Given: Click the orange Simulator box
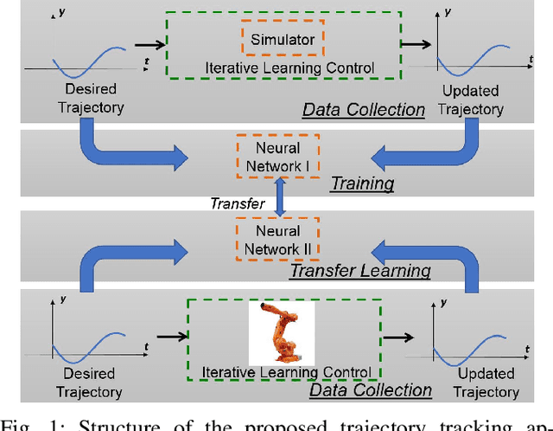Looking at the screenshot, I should pyautogui.click(x=270, y=39).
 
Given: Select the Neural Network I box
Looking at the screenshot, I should pyautogui.click(x=277, y=157).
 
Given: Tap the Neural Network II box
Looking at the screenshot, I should pyautogui.click(x=277, y=240).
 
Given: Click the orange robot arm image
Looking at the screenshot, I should pyautogui.click(x=273, y=331).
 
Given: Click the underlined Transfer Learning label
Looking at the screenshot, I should pyautogui.click(x=359, y=270).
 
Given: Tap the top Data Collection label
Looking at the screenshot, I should pyautogui.click(x=363, y=109).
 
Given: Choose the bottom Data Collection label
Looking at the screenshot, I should pyautogui.click(x=370, y=389).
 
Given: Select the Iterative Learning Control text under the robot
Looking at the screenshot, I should pyautogui.click(x=286, y=373).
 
